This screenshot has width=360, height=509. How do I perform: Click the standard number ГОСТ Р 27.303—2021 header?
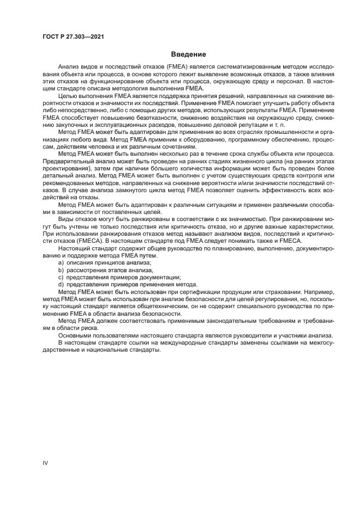point(73,37)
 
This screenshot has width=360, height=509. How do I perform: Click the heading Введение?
point(188,54)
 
